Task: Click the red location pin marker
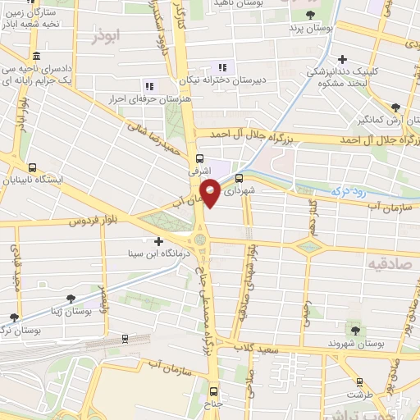coord(210,193)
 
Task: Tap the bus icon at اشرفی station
coord(200,159)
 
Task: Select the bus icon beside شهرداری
coord(239,177)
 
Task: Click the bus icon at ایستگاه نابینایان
coord(31,167)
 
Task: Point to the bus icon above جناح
coord(215,391)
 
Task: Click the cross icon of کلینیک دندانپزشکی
coord(342,60)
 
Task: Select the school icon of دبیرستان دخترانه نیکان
coord(220,67)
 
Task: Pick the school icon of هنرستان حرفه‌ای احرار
coord(148,85)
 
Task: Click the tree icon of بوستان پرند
coord(309,15)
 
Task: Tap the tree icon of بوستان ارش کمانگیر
coord(395,107)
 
